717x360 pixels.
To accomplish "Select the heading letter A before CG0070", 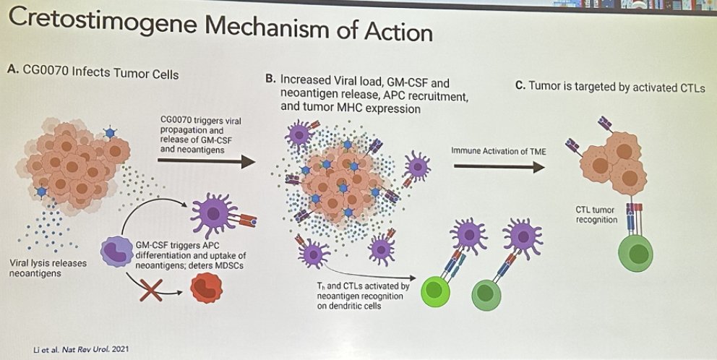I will [11, 72].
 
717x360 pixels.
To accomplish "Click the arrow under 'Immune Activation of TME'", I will [499, 168].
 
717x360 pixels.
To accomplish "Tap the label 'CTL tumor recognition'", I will [594, 215].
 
